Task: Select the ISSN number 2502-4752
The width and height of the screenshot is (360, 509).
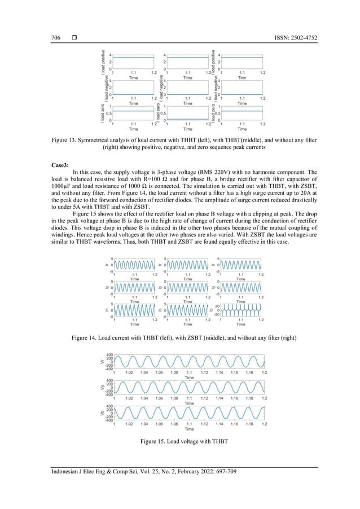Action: pyautogui.click(x=304, y=38)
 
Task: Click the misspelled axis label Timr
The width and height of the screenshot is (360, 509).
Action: pyautogui.click(x=242, y=78)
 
